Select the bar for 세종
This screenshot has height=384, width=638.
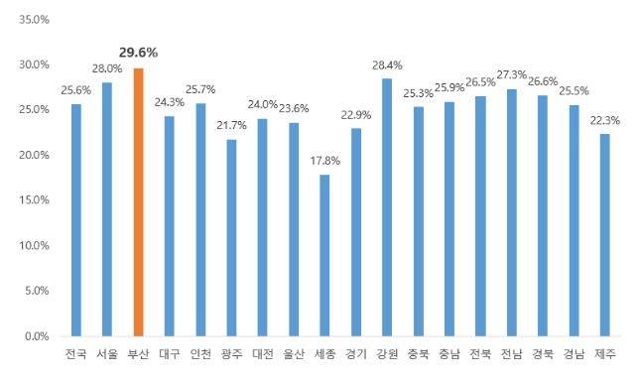(x=324, y=256)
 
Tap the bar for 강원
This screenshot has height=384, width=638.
(x=387, y=207)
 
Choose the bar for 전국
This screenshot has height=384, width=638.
(x=76, y=220)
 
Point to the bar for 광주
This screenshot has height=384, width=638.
(x=231, y=238)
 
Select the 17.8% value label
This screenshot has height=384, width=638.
(x=324, y=161)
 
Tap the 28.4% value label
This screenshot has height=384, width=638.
(x=387, y=65)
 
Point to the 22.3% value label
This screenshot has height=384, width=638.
(x=604, y=120)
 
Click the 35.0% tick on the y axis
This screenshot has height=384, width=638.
(x=36, y=20)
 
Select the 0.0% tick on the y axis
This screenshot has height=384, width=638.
(x=39, y=336)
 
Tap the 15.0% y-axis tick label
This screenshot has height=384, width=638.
(x=36, y=200)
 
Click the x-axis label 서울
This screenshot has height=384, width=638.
(x=107, y=354)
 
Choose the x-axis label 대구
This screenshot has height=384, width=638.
(x=170, y=354)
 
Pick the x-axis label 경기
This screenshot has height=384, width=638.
(x=355, y=354)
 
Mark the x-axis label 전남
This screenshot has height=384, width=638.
(x=511, y=354)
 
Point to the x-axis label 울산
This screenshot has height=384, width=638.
(x=294, y=354)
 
